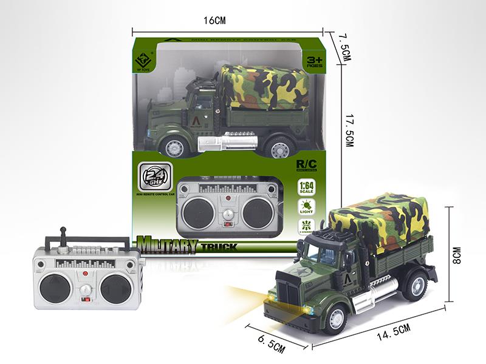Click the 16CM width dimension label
tap(214, 21)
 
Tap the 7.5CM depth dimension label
tap(346, 47)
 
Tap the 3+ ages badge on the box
tap(313, 62)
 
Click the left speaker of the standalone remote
tap(55, 288)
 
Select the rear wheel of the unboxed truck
tap(416, 285)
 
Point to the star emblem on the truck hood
tap(304, 272)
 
